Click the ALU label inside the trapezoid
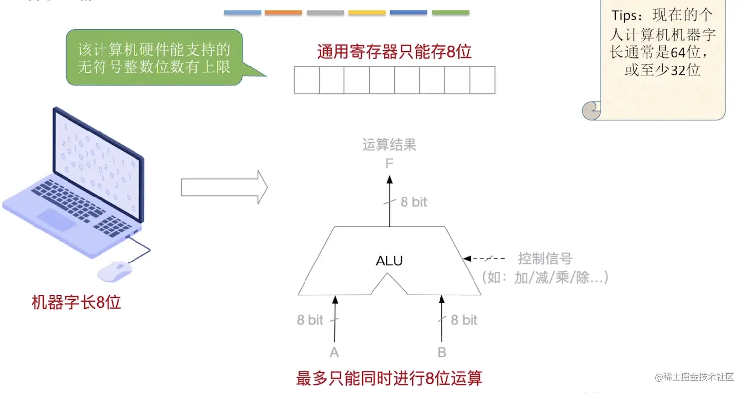coord(389,261)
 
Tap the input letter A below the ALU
coord(334,352)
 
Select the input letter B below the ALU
coord(441,352)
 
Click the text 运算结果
coord(389,145)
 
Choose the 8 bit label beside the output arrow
coord(413,202)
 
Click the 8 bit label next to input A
coord(310,320)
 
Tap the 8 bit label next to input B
coord(464,320)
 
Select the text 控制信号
coord(545,258)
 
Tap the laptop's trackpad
coord(57,220)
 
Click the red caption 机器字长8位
coord(76,302)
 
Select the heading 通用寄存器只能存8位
coord(394,52)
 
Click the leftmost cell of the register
coord(306,80)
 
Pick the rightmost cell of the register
coord(482,80)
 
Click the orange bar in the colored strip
coord(283,13)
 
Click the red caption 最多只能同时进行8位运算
coord(389,378)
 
